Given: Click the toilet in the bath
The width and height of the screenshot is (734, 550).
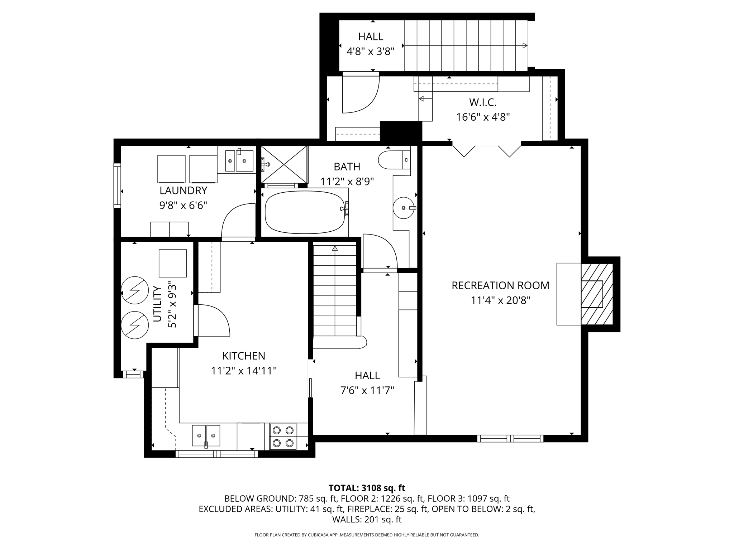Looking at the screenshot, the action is point(394,160).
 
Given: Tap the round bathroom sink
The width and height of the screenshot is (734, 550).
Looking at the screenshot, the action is point(404,208).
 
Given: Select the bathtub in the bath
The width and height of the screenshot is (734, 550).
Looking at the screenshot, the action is point(305,212).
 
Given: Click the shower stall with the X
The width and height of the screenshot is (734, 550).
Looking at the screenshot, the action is point(284,165).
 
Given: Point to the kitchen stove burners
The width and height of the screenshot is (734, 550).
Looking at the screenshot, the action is point(283,436).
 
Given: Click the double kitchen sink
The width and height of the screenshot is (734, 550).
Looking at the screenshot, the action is point(206,435).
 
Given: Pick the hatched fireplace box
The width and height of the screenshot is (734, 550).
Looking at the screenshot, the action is point(597,294).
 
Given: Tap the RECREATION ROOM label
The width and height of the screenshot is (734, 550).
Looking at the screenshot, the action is point(500,285).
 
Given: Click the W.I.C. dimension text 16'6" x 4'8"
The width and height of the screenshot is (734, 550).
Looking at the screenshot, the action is point(483,117).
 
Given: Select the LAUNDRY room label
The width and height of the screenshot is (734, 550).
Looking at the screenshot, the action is point(183,190).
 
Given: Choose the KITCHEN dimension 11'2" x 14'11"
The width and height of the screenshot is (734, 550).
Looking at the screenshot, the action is point(244,371).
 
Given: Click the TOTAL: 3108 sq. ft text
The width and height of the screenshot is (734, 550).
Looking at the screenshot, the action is point(367,488).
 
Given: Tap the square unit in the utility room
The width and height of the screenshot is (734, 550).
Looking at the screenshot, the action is point(173,263).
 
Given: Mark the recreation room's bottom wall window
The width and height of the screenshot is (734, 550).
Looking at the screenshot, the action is point(510,438).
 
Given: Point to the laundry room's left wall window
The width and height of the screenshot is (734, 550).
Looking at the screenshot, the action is point(117,185).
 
